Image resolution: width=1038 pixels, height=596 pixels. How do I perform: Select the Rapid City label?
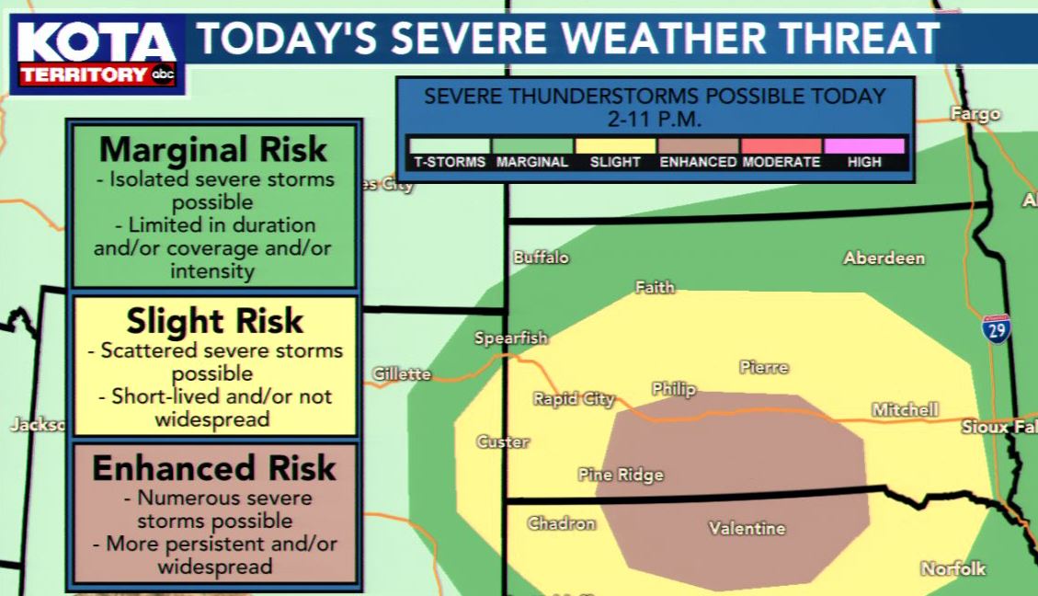pyautogui.click(x=574, y=399)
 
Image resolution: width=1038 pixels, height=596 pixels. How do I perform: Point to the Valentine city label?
pyautogui.click(x=747, y=528)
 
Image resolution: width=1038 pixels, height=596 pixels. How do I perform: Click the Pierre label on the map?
pyautogui.click(x=763, y=367)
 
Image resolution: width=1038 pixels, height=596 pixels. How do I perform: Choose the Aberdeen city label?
pyautogui.click(x=884, y=258)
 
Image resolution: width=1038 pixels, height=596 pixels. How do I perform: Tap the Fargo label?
pyautogui.click(x=975, y=115)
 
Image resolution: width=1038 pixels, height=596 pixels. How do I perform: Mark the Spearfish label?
pyautogui.click(x=510, y=338)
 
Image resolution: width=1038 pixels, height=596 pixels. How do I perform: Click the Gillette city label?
pyautogui.click(x=402, y=373)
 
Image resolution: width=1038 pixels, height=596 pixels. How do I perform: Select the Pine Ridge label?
pyautogui.click(x=621, y=475)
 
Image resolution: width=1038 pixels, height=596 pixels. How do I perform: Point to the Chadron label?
pyautogui.click(x=561, y=523)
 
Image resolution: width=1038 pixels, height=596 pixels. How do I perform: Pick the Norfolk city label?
pyautogui.click(x=953, y=568)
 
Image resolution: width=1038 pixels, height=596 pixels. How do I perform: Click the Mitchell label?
pyautogui.click(x=905, y=409)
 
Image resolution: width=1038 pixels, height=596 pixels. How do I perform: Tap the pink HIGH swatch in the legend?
pyautogui.click(x=863, y=145)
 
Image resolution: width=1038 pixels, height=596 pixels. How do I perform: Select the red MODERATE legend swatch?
pyautogui.click(x=781, y=145)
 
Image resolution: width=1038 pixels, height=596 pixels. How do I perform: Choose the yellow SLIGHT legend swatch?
pyautogui.click(x=615, y=145)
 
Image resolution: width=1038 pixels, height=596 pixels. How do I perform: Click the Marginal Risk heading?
pyautogui.click(x=213, y=149)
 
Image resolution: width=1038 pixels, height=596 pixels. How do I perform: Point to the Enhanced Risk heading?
pyautogui.click(x=213, y=468)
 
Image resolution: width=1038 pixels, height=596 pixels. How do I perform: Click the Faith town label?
pyautogui.click(x=655, y=288)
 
